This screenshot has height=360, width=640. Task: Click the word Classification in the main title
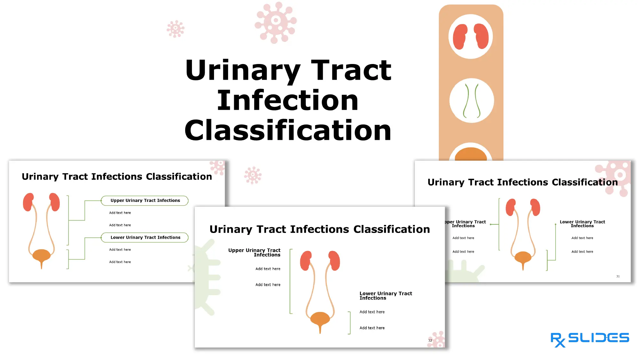[x=288, y=131]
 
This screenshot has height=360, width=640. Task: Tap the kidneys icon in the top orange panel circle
[x=470, y=36]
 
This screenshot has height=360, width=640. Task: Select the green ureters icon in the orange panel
[x=471, y=100]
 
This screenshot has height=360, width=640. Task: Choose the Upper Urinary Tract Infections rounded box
[x=145, y=201]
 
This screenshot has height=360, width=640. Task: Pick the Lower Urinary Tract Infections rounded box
[x=145, y=237]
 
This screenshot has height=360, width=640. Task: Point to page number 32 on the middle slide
[x=430, y=340]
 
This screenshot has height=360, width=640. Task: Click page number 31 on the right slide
[x=618, y=276]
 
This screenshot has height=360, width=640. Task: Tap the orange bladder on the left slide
[x=41, y=255]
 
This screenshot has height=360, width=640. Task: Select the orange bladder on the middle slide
[x=320, y=318]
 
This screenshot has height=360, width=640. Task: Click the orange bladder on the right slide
[x=523, y=257]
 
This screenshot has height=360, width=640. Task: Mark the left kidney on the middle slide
[x=306, y=260]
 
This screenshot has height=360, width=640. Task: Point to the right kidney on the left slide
[x=55, y=202]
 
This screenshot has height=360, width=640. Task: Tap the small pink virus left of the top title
[x=175, y=29]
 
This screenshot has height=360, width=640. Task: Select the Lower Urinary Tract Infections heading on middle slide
[x=386, y=296]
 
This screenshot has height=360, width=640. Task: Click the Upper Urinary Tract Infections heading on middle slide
[x=254, y=252]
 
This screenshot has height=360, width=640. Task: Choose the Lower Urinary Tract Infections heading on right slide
[x=582, y=224]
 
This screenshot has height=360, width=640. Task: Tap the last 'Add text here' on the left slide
[x=120, y=262]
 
